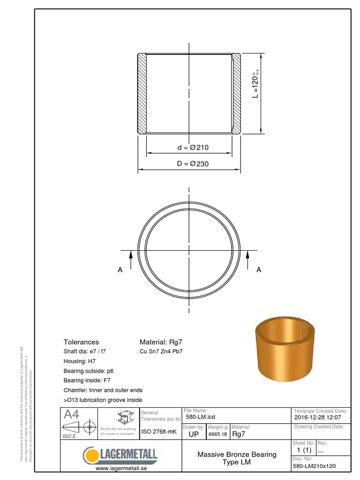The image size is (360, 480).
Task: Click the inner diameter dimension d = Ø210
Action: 193,148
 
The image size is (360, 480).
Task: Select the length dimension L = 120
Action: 256,84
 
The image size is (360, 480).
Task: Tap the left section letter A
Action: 120,270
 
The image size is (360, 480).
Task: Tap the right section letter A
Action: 259,270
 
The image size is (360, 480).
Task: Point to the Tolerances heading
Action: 81,342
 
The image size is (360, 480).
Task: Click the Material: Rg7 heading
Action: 161,342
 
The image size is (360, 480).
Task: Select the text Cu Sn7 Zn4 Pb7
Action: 161,352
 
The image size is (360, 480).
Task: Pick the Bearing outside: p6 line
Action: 89,371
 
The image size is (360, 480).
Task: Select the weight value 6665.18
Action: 217,434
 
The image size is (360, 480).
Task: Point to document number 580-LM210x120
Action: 315,466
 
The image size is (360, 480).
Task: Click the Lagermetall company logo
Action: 120,455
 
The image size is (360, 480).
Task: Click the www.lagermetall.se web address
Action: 120,468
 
